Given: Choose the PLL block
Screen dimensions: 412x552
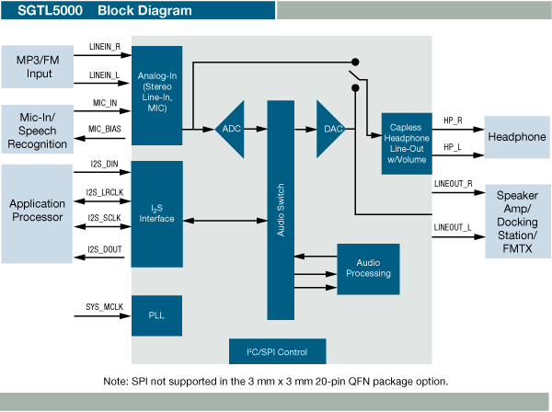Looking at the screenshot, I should [157, 315].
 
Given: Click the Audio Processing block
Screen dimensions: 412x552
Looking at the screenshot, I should [368, 268].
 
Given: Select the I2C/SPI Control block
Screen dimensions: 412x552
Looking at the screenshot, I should [277, 351].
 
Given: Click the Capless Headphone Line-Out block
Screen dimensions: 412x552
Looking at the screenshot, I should [406, 143].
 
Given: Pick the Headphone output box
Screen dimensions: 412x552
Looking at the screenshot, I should [516, 137].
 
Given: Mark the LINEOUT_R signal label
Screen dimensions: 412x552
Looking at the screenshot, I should [453, 184].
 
